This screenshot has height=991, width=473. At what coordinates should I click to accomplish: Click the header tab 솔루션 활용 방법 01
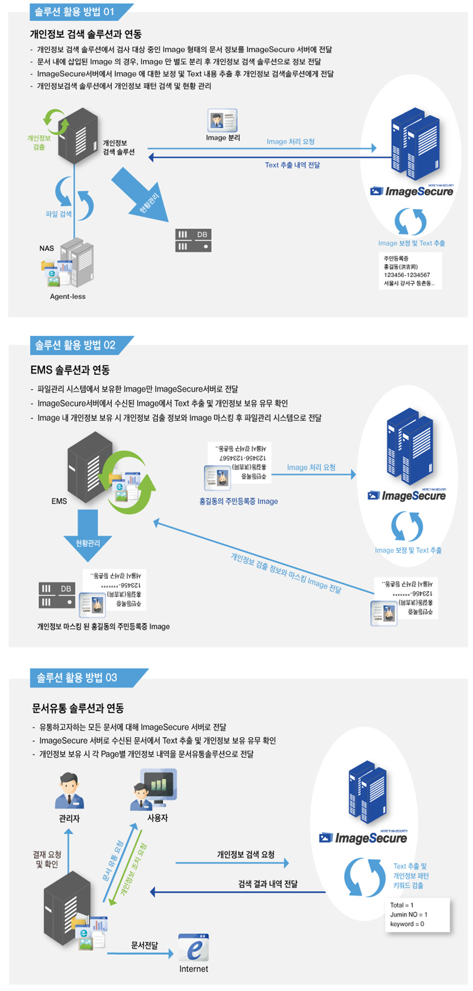[x=74, y=11]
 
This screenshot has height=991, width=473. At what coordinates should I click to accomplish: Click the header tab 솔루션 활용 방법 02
[x=75, y=345]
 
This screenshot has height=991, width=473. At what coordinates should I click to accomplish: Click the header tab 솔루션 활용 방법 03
[x=77, y=678]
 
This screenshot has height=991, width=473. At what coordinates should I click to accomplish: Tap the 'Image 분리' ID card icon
[x=223, y=120]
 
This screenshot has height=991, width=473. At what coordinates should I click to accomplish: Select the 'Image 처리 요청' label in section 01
[x=290, y=141]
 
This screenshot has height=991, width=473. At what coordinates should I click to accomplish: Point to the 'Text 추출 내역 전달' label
[x=292, y=165]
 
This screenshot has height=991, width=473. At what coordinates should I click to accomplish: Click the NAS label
[x=47, y=248]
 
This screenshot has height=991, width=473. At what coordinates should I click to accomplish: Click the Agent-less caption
[x=68, y=296]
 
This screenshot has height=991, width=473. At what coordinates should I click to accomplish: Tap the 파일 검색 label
[x=58, y=214]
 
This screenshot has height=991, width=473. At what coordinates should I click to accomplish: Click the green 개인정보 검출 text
[x=39, y=143]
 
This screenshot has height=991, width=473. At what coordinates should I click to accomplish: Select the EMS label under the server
[x=59, y=501]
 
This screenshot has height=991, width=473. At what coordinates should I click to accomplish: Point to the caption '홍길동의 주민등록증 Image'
[x=238, y=501]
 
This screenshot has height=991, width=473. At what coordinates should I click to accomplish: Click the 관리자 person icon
[x=69, y=791]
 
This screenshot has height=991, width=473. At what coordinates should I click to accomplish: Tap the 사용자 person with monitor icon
[x=154, y=789]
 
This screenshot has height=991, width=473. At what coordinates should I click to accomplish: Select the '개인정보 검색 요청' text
[x=245, y=855]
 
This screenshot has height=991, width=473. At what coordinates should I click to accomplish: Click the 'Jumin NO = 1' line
[x=409, y=914]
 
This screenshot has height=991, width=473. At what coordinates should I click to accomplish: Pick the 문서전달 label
[x=144, y=946]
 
